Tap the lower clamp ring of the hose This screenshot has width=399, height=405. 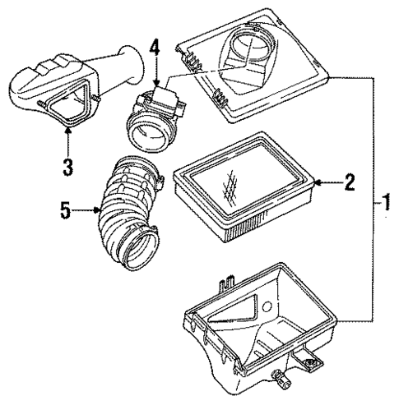[x=134, y=246]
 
